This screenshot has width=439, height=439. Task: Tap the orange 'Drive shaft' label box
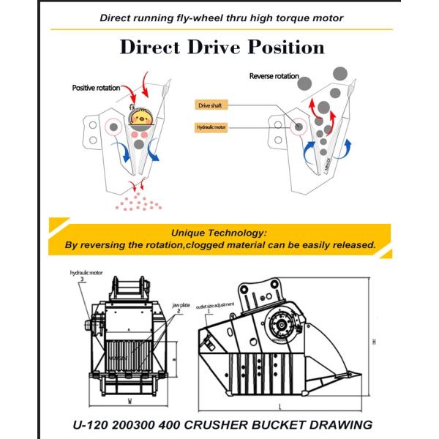(208, 105)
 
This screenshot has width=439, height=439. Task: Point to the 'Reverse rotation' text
(275, 76)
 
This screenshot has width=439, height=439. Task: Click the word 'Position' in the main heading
(277, 48)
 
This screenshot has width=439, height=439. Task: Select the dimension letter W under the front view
(129, 401)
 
